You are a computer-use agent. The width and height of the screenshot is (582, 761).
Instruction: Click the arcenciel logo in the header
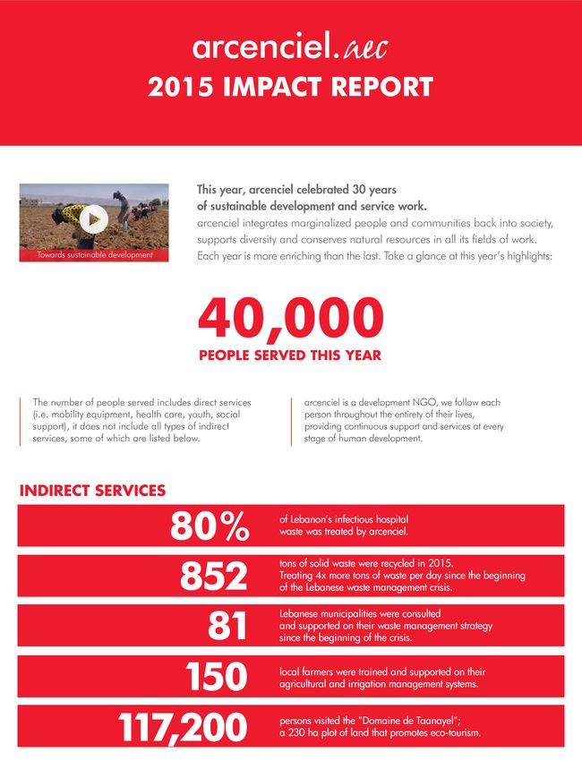[x=289, y=47]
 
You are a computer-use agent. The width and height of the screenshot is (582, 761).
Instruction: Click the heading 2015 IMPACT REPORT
[x=290, y=88]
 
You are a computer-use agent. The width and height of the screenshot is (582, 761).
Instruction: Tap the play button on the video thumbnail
[x=94, y=218]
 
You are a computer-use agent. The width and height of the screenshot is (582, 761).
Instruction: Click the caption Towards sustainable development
[x=94, y=254]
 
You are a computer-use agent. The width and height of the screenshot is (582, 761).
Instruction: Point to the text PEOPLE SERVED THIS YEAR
[x=290, y=355]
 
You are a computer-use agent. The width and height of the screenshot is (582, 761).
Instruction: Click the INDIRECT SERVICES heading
[x=92, y=491]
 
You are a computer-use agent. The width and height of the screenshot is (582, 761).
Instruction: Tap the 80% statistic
[x=210, y=526]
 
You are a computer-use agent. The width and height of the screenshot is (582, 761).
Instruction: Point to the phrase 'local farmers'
[x=310, y=671]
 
